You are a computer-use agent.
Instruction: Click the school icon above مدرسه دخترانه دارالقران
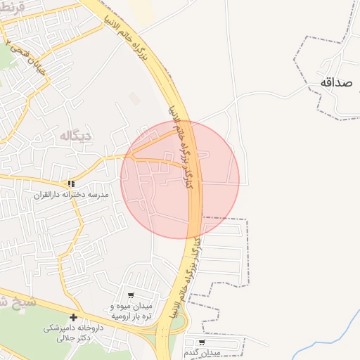[x=70, y=184]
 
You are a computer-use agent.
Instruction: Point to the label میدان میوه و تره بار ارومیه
[x=131, y=311]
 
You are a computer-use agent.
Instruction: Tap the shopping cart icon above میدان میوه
[x=131, y=295]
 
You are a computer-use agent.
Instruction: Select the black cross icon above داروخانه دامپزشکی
[x=73, y=317]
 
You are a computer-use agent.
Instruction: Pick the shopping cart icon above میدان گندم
[x=202, y=342]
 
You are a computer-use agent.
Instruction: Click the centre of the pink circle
[x=180, y=179]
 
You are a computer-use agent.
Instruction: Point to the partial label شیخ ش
[x=13, y=302]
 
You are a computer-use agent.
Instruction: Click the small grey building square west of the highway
[x=134, y=98]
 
